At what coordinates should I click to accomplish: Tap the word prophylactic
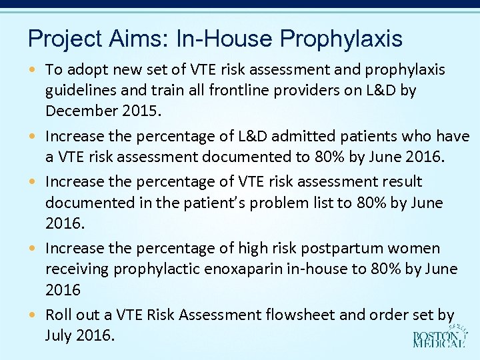(150, 269)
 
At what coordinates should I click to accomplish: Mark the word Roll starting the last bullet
(58, 314)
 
